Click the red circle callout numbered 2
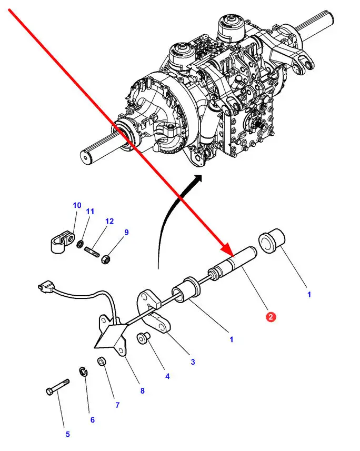[271, 317]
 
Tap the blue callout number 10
[77, 205]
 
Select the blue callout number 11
[90, 212]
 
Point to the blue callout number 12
[109, 222]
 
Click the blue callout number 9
[126, 232]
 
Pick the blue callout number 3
[193, 362]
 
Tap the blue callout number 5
[67, 434]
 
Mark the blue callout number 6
[92, 419]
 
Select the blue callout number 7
[117, 405]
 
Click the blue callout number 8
[142, 391]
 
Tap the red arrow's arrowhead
[227, 248]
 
